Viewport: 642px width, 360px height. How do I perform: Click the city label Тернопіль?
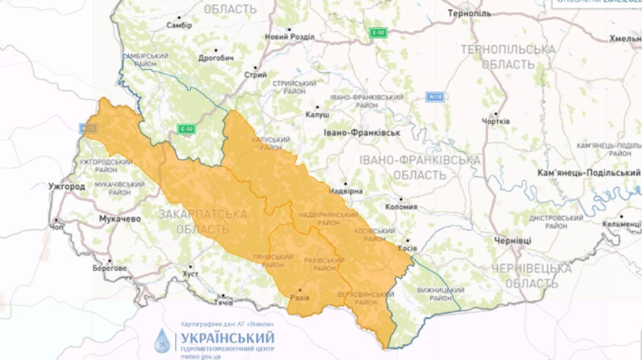469,14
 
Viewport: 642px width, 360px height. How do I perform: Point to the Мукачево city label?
120,219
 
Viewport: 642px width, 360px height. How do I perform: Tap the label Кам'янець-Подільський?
588,173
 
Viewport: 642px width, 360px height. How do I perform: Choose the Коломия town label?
400,207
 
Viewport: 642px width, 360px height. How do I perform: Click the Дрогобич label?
216,58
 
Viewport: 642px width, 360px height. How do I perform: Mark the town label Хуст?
190,274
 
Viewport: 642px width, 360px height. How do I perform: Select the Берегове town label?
110,269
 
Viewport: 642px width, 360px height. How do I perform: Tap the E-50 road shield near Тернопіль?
378,33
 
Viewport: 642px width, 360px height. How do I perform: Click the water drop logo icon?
163,341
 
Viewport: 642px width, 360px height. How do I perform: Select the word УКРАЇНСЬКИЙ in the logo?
228,337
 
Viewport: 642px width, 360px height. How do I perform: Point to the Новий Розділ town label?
289,37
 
